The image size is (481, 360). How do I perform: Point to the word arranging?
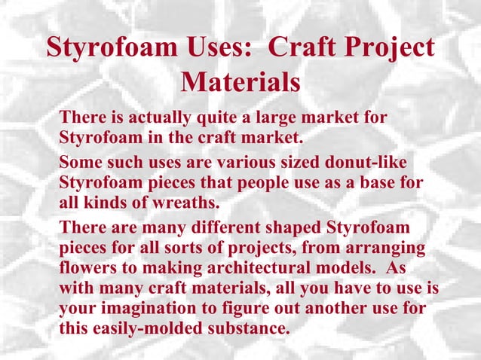381,249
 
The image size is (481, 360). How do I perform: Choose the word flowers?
87,269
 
